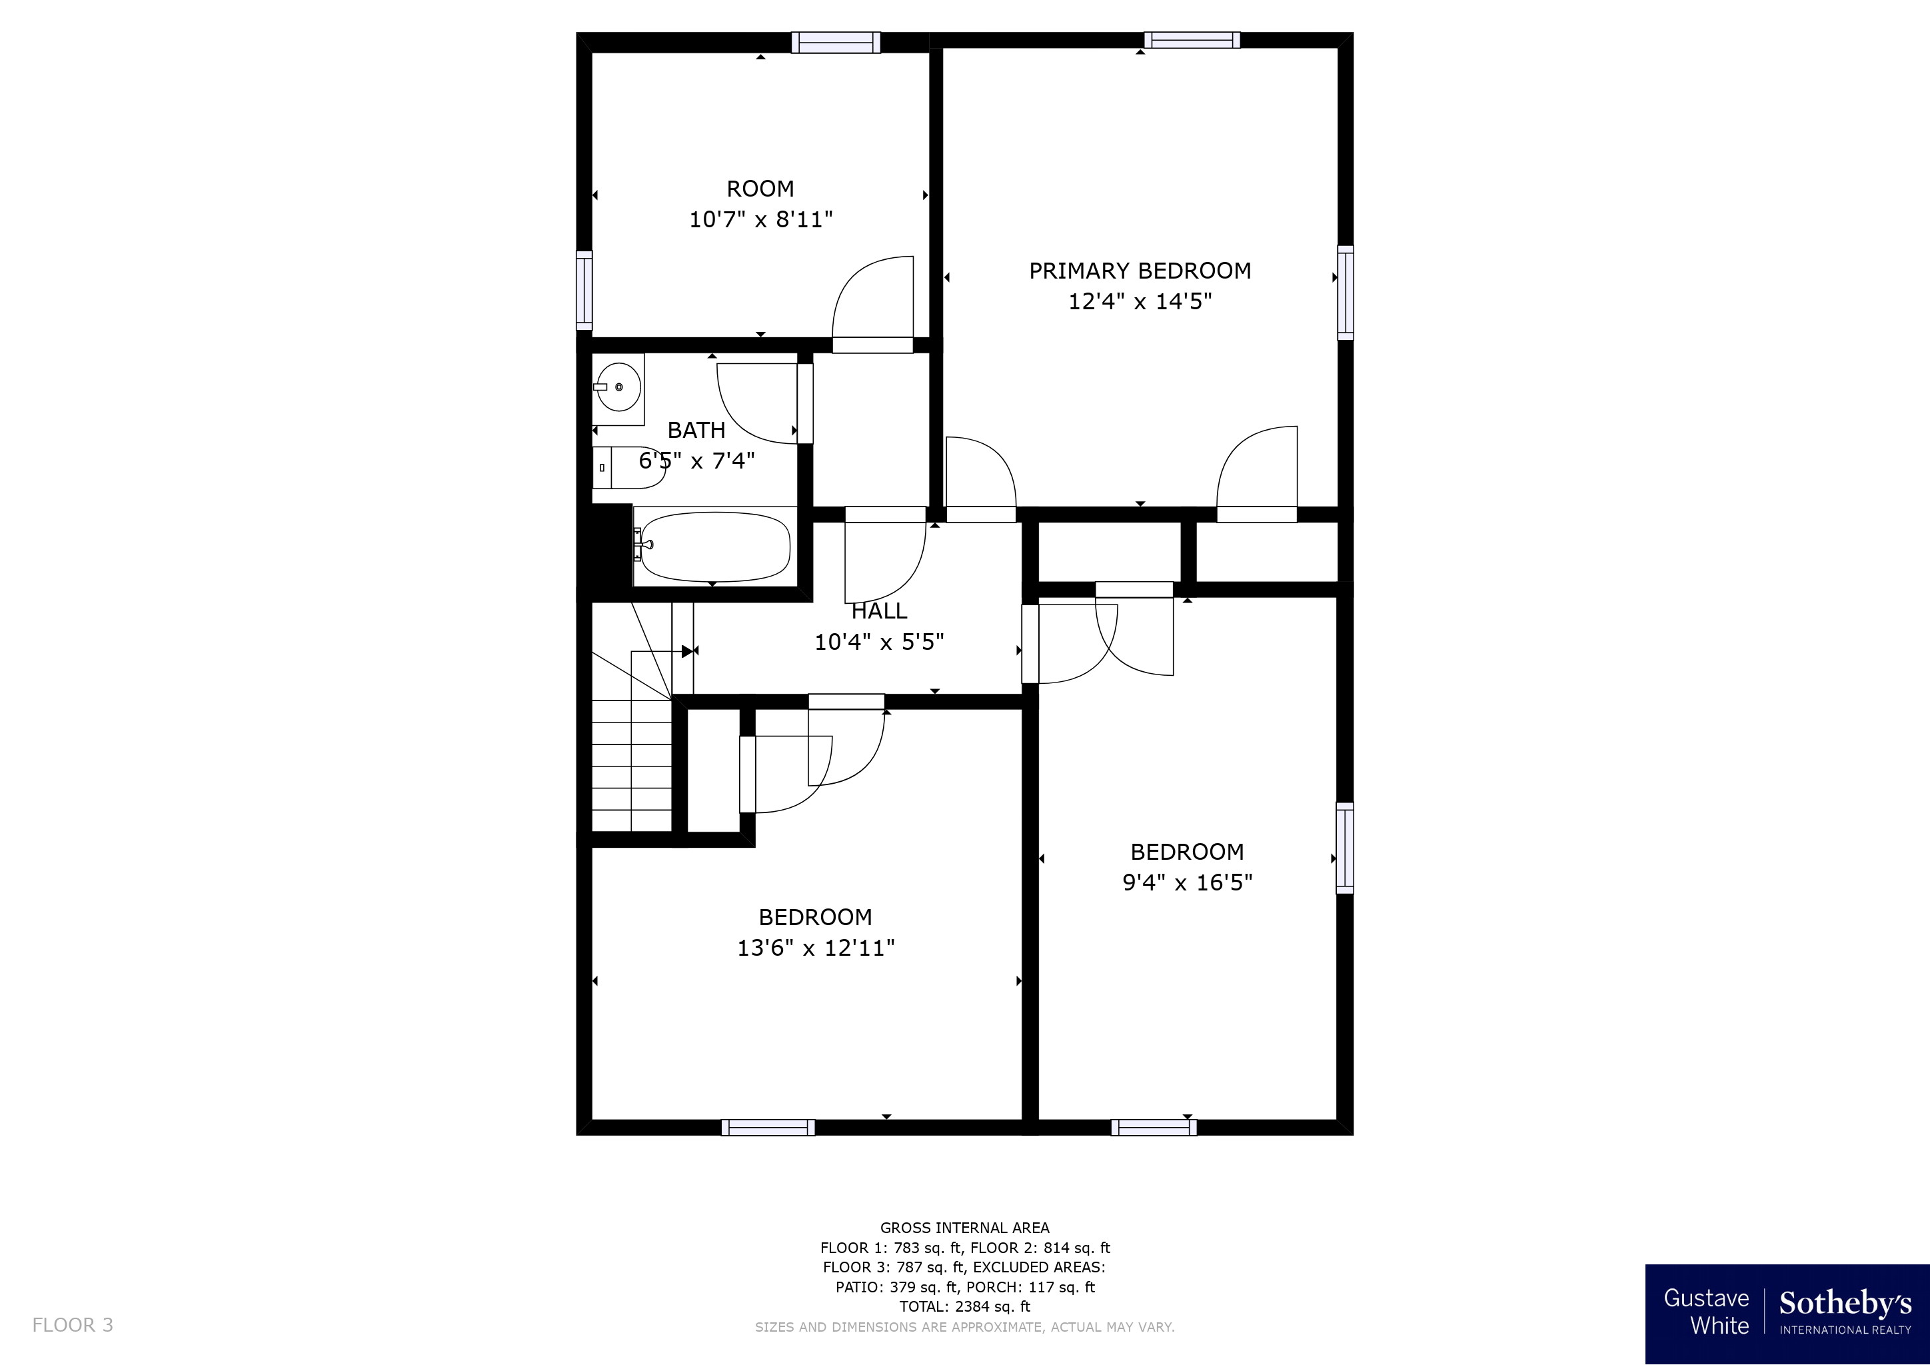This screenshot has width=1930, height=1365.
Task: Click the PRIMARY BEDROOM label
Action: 1140,271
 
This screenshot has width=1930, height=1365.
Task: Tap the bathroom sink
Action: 618,387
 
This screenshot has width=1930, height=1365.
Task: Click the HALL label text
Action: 879,611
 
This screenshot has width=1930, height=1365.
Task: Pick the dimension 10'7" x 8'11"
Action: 760,220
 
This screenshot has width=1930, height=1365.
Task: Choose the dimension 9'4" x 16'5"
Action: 1188,882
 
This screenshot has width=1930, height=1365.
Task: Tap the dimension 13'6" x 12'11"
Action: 815,948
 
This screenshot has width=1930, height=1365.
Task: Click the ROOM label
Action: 760,188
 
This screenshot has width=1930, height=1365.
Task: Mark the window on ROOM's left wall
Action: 584,291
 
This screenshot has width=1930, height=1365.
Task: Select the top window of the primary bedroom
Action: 1192,39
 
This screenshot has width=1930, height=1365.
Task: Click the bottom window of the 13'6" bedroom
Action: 768,1127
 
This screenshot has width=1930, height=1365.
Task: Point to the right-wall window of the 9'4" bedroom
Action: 1345,847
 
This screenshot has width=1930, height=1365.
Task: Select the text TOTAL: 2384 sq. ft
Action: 965,1306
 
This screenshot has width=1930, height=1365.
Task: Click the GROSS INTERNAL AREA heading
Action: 965,1227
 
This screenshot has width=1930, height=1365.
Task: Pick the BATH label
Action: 696,431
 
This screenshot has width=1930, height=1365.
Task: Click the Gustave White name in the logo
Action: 1706,1311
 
